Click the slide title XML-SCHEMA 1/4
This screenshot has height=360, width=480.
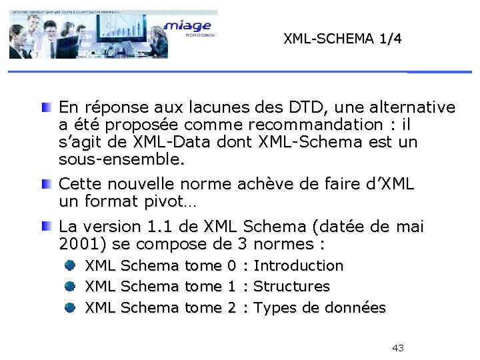tap(343, 39)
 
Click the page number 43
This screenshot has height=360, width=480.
tap(398, 348)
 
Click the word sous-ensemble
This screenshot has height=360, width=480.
tap(120, 160)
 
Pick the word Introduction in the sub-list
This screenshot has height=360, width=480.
tap(299, 265)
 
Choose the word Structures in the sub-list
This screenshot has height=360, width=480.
tap(292, 287)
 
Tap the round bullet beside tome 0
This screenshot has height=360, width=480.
tap(70, 265)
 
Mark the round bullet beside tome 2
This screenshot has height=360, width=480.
tap(70, 308)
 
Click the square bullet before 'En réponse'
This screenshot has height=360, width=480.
tap(45, 107)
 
